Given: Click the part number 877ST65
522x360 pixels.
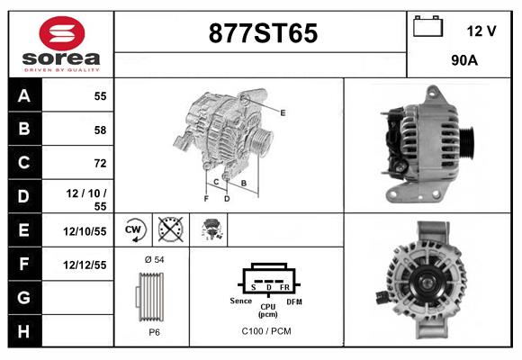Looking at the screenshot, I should [263, 33].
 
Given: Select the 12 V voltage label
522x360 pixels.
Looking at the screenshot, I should [481, 31].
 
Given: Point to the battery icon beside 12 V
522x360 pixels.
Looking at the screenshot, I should [428, 28].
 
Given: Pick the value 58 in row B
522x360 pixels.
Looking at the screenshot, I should [99, 130].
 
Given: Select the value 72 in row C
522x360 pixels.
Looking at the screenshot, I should [99, 163].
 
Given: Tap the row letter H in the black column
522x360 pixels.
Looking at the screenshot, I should [23, 330].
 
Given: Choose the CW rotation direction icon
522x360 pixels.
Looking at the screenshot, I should [135, 230].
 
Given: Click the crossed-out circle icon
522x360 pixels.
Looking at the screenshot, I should [169, 230].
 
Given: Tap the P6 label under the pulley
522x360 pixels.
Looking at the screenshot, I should [154, 331].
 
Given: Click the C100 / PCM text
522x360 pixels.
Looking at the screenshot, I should [266, 331].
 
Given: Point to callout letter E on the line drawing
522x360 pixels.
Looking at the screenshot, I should [283, 112].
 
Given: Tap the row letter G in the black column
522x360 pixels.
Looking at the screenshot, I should [23, 297].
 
